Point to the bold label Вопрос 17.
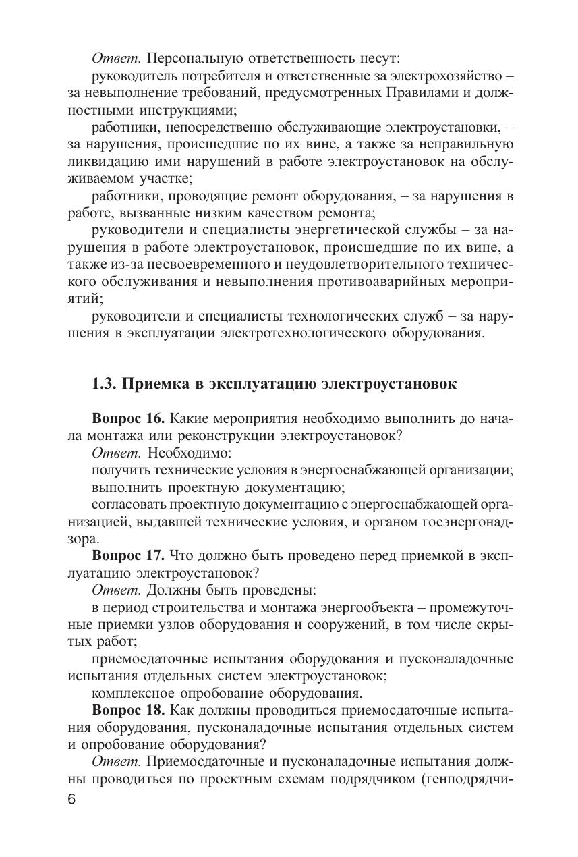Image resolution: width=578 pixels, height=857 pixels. [x=128, y=555]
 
